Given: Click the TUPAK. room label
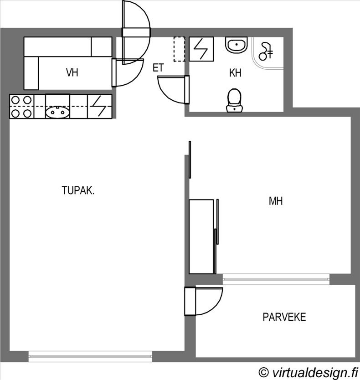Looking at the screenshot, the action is coord(78,190).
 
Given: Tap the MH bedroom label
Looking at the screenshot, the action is coord(276,201).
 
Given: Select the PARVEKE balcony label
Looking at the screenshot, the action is coord(284,317).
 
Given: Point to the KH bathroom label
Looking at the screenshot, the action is coord(235,73).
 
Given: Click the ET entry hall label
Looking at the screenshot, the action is coord(158,67).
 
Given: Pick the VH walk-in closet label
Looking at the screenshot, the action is coord(72,72).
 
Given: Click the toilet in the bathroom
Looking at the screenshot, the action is coord(234,100).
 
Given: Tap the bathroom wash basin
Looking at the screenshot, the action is coord(237,45).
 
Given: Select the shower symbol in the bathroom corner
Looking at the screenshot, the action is coord(266,51).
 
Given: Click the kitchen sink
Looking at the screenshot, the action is coord(57,112).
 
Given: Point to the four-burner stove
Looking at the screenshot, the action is coord(22,107).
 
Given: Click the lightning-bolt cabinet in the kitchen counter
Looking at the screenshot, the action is coord(100,106).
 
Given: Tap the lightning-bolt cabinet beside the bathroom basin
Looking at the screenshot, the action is coord(201,49).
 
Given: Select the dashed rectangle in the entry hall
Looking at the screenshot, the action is coord(180,49).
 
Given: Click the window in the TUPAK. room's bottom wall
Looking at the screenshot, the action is coord(90,356).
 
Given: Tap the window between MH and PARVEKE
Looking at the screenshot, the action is coord(276,279).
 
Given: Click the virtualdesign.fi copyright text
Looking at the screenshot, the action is coord(309,372).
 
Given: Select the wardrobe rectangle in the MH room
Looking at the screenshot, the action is coord(201,236).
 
